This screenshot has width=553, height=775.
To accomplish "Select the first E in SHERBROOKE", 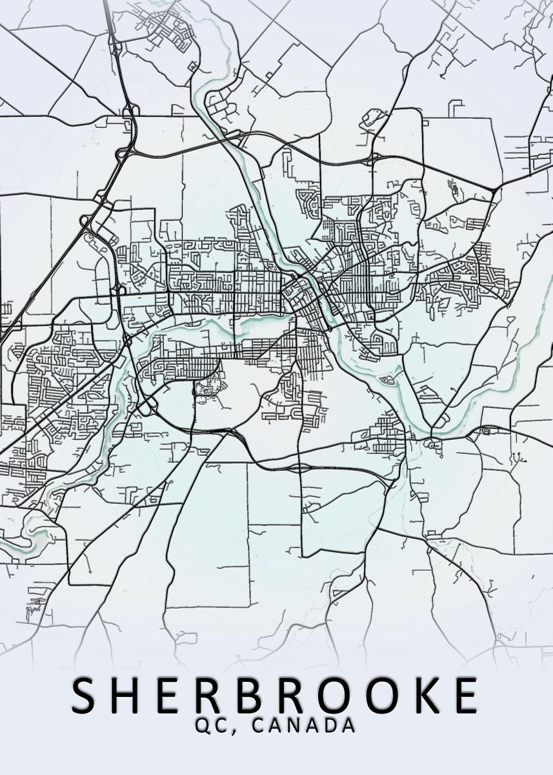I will point(174,696).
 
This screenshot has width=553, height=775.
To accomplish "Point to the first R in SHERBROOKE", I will point(215,696).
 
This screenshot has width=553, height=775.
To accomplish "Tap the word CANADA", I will point(303,725).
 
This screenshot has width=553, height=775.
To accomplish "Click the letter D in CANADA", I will point(330,725).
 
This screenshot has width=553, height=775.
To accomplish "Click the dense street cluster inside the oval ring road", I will point(208,390).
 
